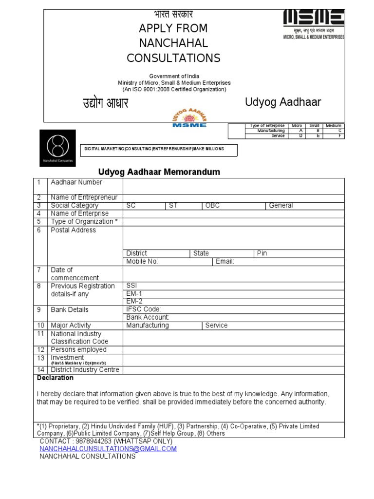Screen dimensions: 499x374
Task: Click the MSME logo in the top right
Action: (314, 24)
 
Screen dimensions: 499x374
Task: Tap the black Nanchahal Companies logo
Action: (57, 148)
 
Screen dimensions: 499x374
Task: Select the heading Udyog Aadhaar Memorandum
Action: (159, 172)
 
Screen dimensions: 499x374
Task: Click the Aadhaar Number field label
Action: (76, 182)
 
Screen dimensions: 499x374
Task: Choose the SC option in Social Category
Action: (131, 206)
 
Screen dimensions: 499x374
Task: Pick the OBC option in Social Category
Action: (213, 206)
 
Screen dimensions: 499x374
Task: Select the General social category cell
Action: (281, 206)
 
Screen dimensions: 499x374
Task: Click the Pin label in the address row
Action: (262, 253)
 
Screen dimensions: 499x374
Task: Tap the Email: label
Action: (225, 262)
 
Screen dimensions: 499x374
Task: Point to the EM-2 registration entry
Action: (134, 301)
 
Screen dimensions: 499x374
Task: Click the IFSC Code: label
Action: (143, 309)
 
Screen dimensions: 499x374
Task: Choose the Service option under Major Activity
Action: (216, 326)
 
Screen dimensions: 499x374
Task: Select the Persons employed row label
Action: (78, 350)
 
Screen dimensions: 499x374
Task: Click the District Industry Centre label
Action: (85, 370)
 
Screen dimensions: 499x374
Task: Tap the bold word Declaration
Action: (55, 378)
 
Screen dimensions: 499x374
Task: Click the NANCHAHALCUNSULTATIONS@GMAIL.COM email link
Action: (108, 449)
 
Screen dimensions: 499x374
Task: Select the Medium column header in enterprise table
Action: (333, 126)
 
